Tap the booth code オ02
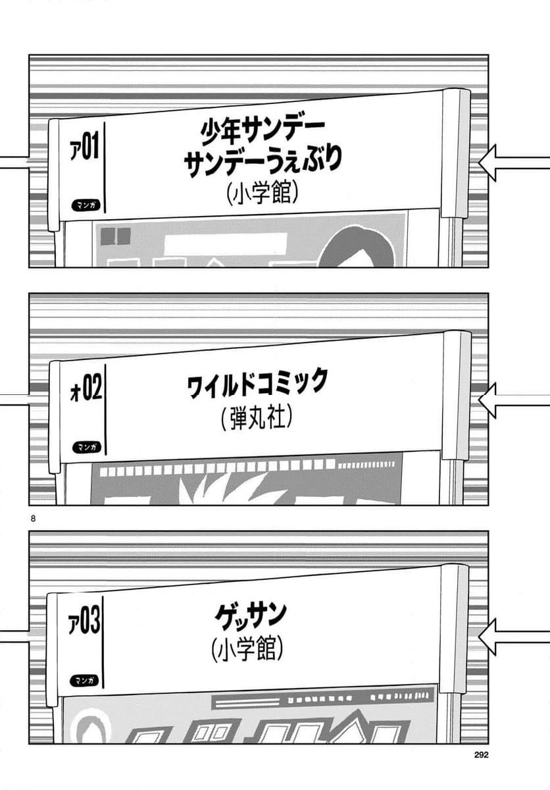(86, 389)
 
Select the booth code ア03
(84, 623)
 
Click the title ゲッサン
(251, 618)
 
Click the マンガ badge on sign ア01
(86, 205)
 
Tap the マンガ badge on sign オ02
(87, 447)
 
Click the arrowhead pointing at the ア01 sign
(488, 163)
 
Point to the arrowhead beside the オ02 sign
(488, 401)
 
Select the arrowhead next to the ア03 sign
(488, 637)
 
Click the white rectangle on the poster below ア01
(226, 244)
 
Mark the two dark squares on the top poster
(116, 236)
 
